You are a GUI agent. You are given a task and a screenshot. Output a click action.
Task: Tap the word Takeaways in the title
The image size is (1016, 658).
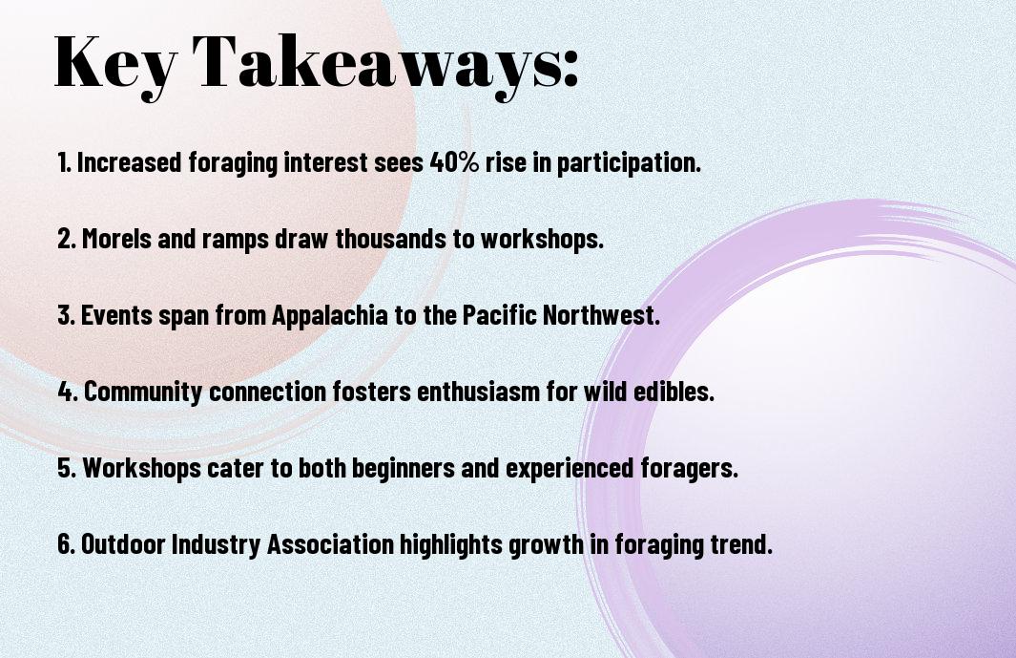[379, 64]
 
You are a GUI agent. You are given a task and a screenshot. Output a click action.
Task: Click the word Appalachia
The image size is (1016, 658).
[330, 316]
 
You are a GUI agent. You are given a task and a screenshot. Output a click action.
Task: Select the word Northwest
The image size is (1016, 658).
[601, 315]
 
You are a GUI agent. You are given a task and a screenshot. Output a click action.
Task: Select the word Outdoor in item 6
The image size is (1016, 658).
[123, 544]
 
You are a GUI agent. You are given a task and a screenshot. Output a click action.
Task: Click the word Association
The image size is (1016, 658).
[330, 544]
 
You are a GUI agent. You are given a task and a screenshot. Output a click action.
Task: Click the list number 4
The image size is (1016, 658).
[68, 392]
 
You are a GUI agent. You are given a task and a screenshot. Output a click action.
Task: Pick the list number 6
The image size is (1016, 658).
[66, 544]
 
